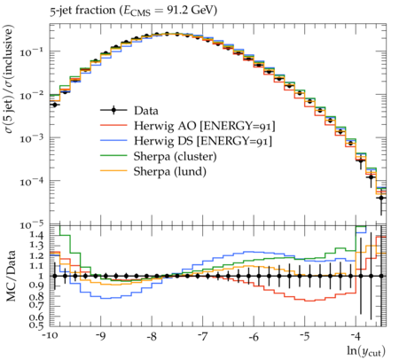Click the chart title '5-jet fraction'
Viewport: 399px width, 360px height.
click(x=82, y=11)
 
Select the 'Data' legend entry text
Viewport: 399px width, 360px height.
click(x=146, y=111)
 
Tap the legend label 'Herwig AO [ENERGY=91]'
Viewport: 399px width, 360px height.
click(x=205, y=126)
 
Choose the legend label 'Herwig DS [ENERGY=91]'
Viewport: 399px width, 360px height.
click(x=203, y=141)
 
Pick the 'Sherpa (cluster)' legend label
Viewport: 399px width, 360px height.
click(x=175, y=157)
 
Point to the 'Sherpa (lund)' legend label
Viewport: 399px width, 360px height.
click(x=170, y=172)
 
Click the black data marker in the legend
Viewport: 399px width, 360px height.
click(x=113, y=111)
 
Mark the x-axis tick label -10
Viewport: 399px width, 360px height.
click(x=50, y=337)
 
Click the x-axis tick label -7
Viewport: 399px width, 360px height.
click(x=202, y=337)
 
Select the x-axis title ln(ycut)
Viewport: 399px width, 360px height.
click(x=366, y=351)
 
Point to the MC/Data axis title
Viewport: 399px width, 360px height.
click(x=11, y=276)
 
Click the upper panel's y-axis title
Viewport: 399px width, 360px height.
click(x=9, y=79)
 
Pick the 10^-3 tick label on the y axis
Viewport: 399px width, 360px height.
click(x=29, y=137)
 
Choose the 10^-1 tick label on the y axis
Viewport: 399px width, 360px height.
click(x=29, y=51)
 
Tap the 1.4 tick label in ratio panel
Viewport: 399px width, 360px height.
click(x=36, y=236)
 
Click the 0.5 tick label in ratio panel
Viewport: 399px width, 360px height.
click(x=36, y=325)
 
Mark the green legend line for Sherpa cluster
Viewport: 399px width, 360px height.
click(x=113, y=156)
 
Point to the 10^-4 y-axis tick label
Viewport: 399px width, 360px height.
click(x=29, y=181)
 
